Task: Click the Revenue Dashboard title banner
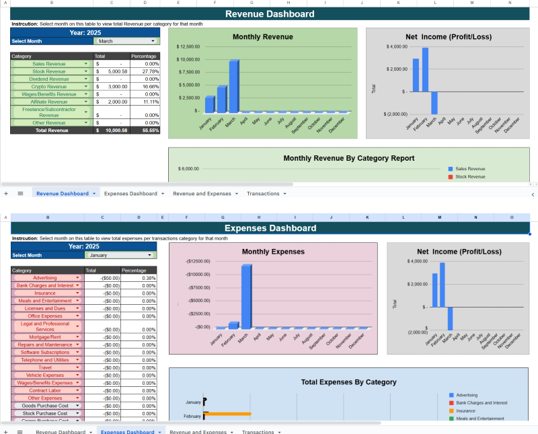click(x=269, y=14)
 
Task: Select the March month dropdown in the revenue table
click(x=126, y=41)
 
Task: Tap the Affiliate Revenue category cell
click(x=49, y=102)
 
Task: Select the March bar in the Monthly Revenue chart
click(x=233, y=85)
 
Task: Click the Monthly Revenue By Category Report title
click(x=348, y=158)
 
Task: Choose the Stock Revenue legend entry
click(x=471, y=177)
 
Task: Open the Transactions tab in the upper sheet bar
click(x=263, y=193)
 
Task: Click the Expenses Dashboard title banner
click(x=269, y=228)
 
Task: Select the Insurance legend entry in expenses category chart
click(x=467, y=410)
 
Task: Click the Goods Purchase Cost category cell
click(x=45, y=406)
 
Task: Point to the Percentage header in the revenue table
click(x=144, y=57)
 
